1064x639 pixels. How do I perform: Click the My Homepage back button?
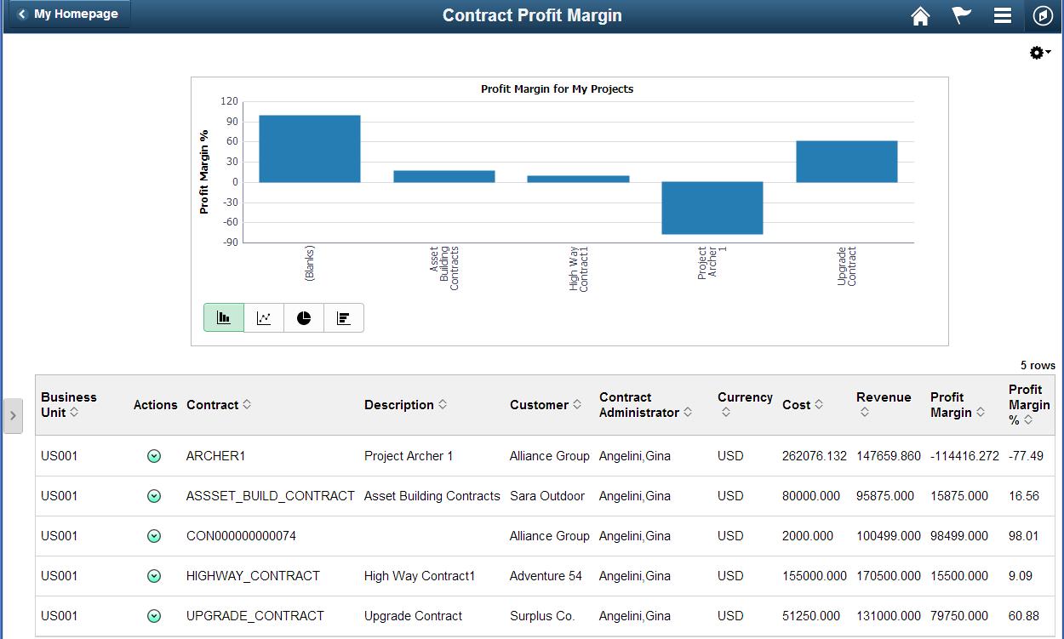70,14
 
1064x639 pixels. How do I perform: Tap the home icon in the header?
920,16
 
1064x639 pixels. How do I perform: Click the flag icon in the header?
962,16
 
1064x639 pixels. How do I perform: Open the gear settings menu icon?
1039,53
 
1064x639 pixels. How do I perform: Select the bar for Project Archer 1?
712,208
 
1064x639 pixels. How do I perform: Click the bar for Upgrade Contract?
846,162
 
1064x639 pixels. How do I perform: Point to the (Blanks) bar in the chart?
310,149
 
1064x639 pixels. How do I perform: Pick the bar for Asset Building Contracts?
443,176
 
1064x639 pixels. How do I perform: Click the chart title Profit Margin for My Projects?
557,88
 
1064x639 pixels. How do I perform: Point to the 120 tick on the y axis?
229,101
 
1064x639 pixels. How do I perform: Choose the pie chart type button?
304,318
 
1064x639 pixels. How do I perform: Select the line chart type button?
264,318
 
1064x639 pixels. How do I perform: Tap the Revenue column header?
884,397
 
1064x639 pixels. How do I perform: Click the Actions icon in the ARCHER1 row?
154,456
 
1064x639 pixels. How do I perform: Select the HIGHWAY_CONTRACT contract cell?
253,576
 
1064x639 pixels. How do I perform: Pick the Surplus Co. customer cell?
542,616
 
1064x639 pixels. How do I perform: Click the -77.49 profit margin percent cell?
1026,456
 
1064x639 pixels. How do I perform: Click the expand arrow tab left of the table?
13,416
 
